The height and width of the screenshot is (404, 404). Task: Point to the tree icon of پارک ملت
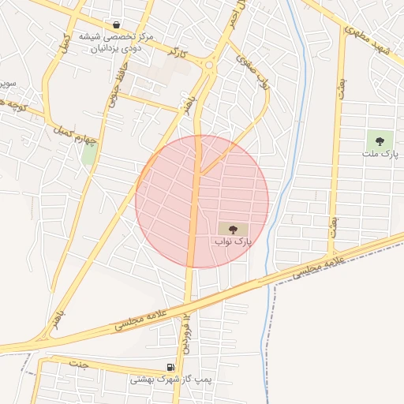click(x=380, y=141)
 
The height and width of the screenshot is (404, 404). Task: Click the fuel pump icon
click(x=170, y=367)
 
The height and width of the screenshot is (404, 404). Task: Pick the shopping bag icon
click(x=117, y=24)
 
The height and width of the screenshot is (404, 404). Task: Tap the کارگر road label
click(x=179, y=54)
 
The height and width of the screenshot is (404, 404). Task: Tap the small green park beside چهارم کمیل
click(x=89, y=155)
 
